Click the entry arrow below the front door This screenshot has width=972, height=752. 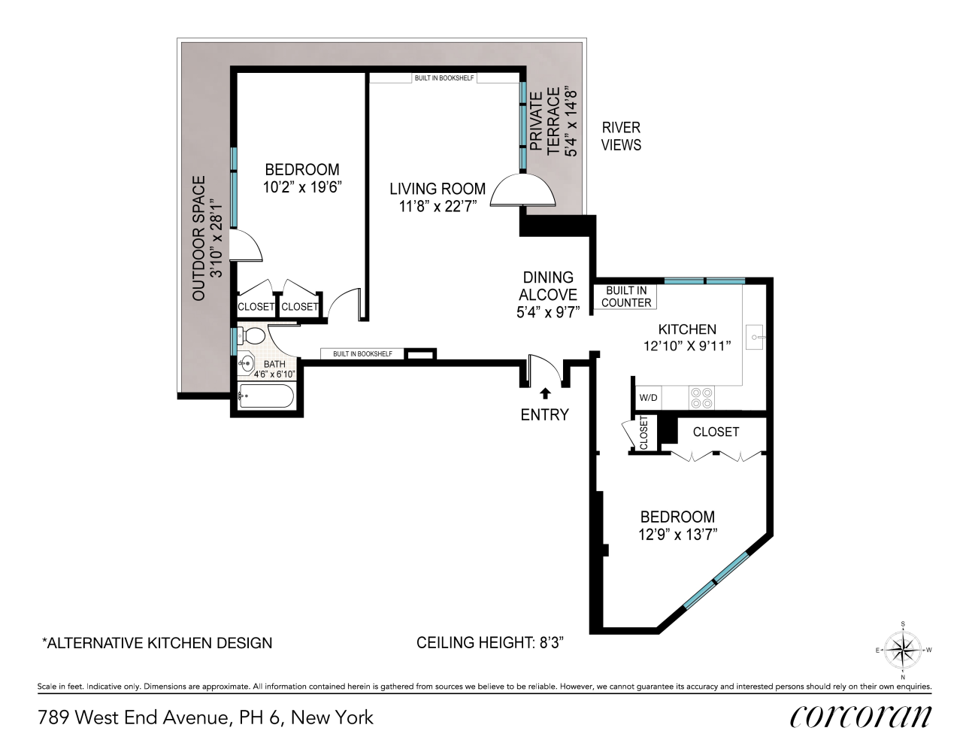(545, 393)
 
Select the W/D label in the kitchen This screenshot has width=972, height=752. (646, 397)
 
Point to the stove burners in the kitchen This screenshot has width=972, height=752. (701, 397)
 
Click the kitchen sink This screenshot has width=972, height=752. (754, 338)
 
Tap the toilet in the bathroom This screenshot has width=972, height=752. (254, 335)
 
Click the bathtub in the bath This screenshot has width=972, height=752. (266, 396)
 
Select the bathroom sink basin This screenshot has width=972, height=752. (245, 364)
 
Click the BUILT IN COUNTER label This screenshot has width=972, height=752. (626, 296)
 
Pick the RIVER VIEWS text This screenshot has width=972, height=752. (621, 136)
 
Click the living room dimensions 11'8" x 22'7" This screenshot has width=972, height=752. (438, 207)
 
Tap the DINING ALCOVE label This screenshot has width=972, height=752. (548, 287)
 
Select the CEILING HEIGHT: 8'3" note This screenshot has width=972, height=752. (490, 643)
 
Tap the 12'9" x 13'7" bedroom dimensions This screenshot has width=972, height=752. (677, 535)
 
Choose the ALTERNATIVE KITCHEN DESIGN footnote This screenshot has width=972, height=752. (157, 643)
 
